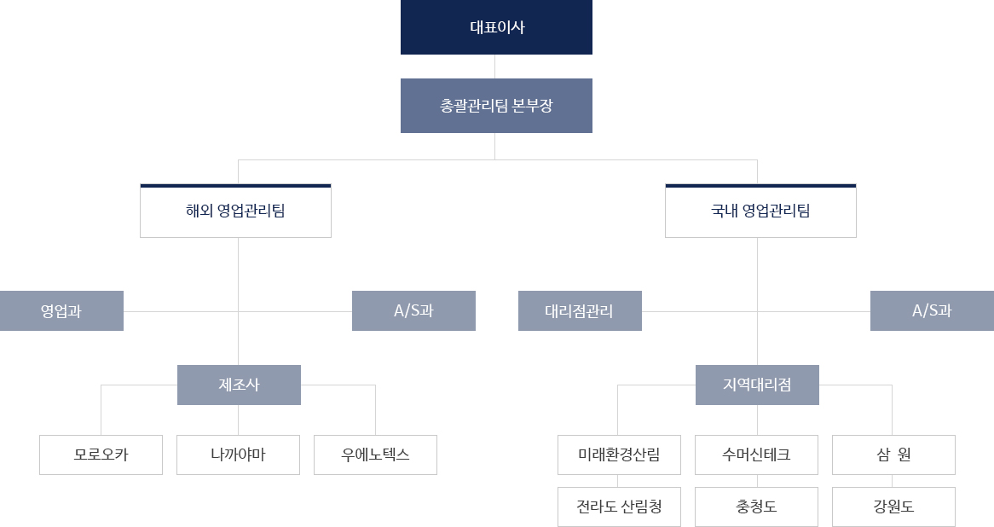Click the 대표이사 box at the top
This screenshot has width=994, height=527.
[x=496, y=27]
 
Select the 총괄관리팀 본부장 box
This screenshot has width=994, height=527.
[x=496, y=106]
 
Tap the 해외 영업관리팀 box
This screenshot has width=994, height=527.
[x=236, y=211]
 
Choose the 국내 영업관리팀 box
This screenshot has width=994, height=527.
[x=760, y=211]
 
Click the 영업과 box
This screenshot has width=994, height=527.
[x=61, y=310]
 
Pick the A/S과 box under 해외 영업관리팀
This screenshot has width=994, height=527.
[x=414, y=310]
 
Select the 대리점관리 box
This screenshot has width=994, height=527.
[x=580, y=310]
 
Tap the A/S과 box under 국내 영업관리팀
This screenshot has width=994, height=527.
[x=932, y=310]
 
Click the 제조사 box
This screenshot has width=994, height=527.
[x=239, y=385]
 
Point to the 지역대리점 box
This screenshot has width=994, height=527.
[x=758, y=385]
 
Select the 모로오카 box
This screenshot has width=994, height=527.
[x=101, y=455]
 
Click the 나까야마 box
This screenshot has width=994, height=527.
[x=239, y=455]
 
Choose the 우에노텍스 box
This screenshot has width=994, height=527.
[x=375, y=455]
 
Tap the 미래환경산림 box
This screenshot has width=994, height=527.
[x=620, y=455]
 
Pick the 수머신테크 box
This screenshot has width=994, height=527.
[x=756, y=455]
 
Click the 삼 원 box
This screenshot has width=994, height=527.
[x=894, y=455]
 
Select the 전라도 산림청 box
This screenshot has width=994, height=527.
[x=620, y=507]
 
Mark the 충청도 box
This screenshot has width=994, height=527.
[x=756, y=507]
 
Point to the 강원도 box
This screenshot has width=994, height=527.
[x=894, y=507]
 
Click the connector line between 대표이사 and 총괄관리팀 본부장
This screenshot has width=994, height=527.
[x=495, y=67]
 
